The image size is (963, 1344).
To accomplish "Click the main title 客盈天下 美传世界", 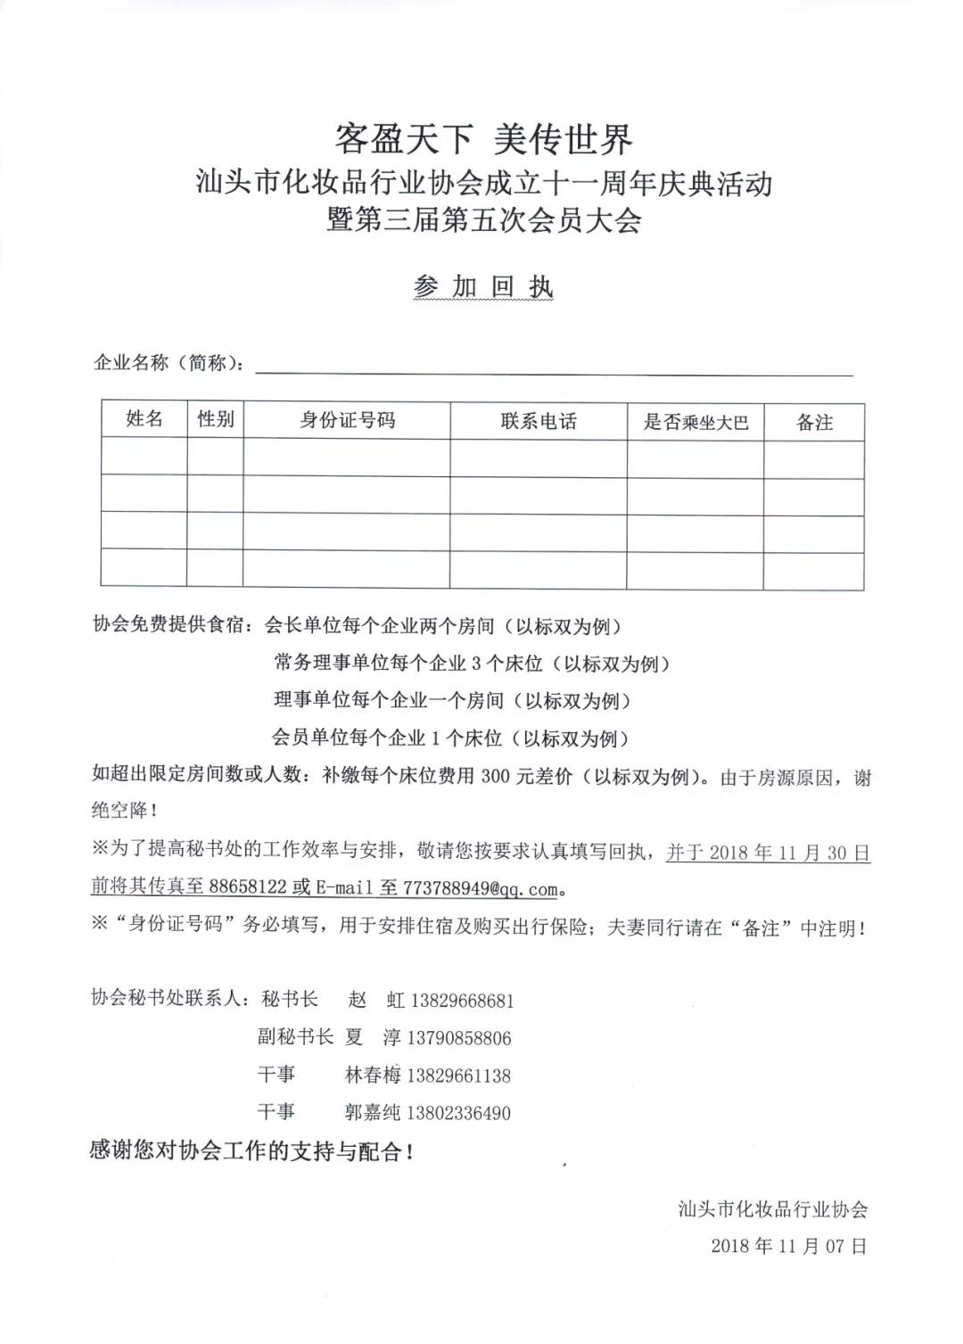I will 483,140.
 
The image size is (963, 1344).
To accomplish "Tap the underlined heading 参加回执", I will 483,286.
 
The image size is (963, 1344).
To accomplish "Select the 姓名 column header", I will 144,419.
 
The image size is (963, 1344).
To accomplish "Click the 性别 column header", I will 215,419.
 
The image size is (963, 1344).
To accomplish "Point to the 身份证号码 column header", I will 347,420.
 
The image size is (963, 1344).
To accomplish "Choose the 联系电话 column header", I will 539,421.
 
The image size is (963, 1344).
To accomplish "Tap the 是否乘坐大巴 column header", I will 695,423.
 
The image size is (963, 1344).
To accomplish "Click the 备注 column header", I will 814,423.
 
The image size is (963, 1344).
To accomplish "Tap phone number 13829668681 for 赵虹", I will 462,1001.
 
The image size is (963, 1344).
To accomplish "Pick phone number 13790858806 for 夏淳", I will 459,1038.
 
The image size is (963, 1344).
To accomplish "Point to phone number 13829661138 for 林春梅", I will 458,1076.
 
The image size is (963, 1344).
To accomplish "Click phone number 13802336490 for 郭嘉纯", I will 458,1113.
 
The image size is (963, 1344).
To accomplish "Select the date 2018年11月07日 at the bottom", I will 788,1246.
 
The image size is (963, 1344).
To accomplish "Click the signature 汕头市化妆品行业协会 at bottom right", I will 772,1209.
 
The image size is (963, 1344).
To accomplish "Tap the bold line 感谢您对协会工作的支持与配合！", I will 251,1151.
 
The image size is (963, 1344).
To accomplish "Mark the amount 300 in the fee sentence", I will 495,777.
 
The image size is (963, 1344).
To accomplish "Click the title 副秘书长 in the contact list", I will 295,1037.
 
